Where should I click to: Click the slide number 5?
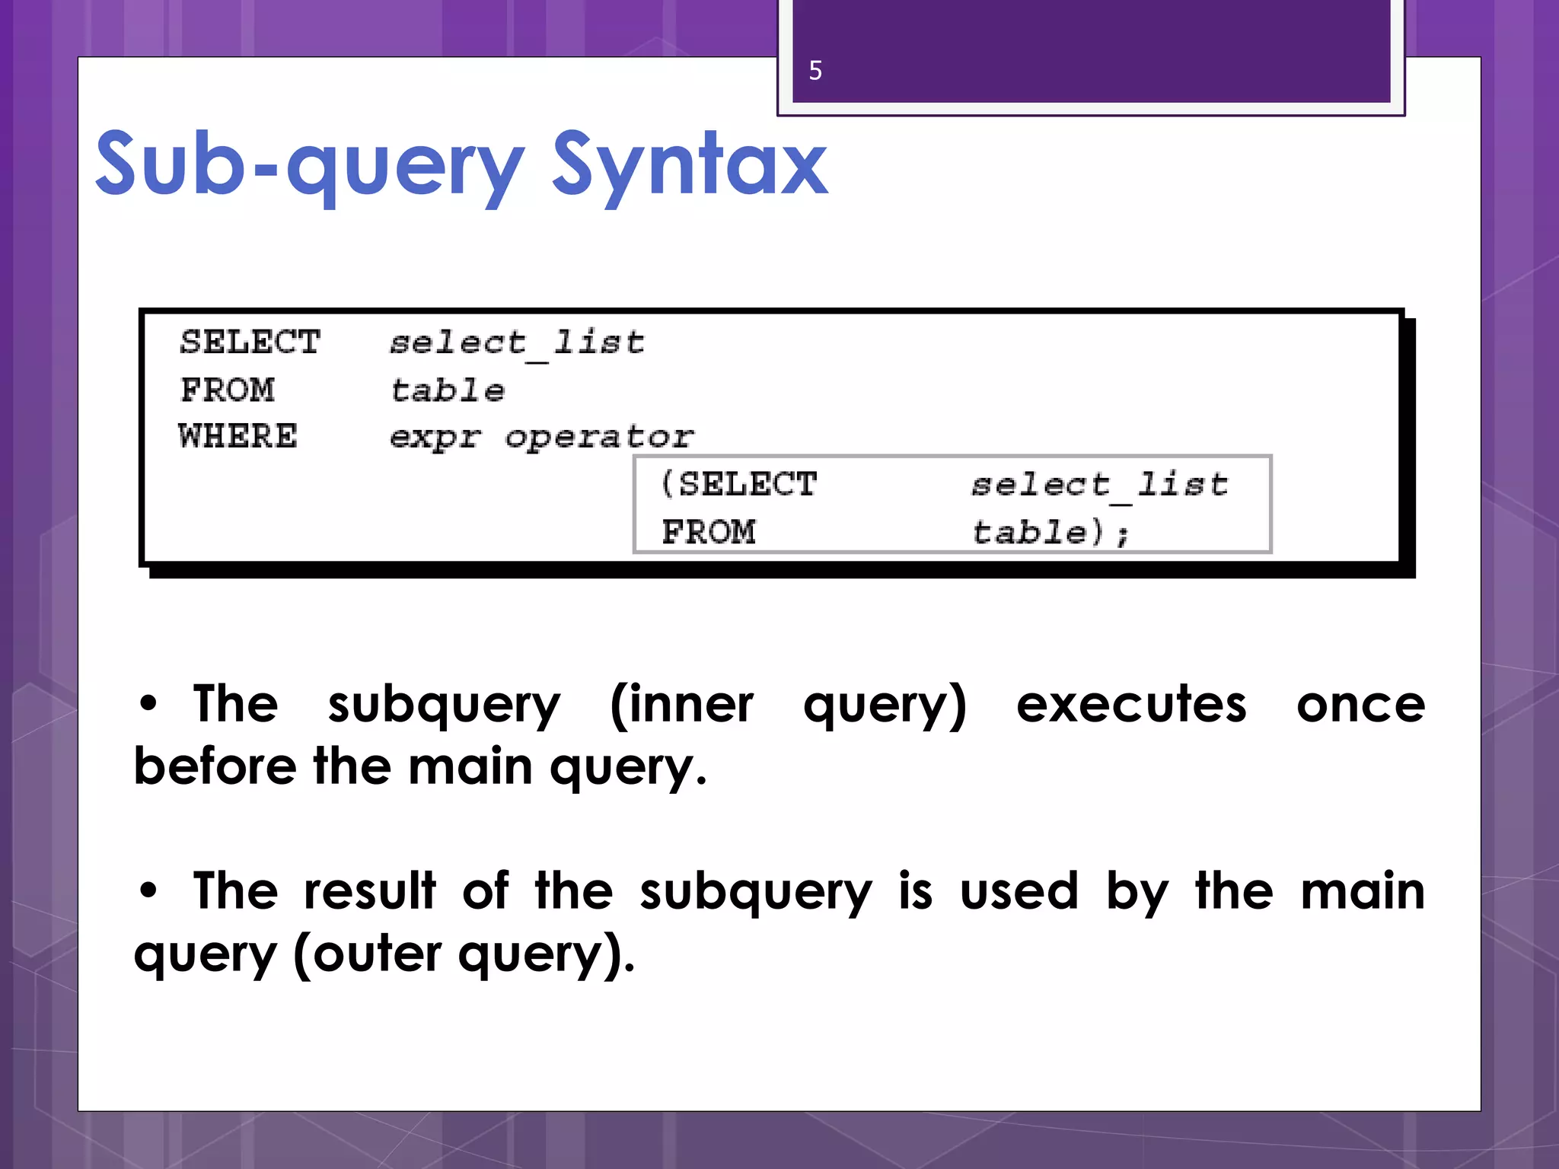point(815,71)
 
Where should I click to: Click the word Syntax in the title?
point(689,165)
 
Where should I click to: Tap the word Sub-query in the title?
point(309,165)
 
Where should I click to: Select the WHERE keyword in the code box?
point(238,437)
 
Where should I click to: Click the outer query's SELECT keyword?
point(250,342)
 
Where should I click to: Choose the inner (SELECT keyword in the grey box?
point(738,484)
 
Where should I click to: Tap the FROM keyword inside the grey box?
point(708,532)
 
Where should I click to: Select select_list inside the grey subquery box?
point(1099,485)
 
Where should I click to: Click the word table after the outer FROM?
point(447,390)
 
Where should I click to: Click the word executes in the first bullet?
point(1131,704)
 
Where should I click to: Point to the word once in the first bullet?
point(1360,704)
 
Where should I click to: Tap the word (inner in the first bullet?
point(681,704)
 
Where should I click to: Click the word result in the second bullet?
point(370,890)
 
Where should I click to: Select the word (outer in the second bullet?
point(367,954)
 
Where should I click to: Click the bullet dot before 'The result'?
point(148,890)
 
